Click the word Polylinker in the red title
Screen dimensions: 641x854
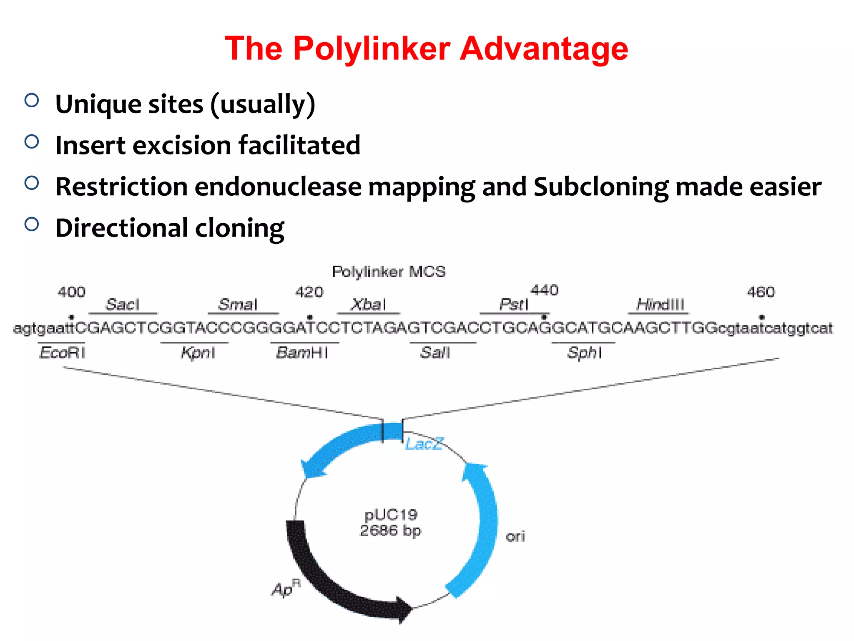(371, 49)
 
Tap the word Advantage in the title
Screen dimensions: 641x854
(544, 49)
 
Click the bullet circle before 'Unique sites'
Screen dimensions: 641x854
(32, 101)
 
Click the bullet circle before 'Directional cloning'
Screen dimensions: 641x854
(32, 225)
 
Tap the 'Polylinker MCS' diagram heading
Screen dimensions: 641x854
(389, 272)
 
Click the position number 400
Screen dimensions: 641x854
(71, 292)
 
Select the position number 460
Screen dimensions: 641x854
(761, 292)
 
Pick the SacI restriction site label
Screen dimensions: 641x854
(122, 304)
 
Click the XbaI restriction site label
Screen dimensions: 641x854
(368, 304)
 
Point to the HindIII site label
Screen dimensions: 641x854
(660, 304)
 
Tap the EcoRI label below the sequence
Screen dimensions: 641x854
(62, 353)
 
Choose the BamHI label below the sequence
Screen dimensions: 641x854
(302, 353)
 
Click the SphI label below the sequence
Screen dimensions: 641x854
(584, 353)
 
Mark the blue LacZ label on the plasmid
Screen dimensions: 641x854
(424, 444)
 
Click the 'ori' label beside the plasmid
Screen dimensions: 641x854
(515, 536)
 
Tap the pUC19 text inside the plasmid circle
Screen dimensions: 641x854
(391, 515)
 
